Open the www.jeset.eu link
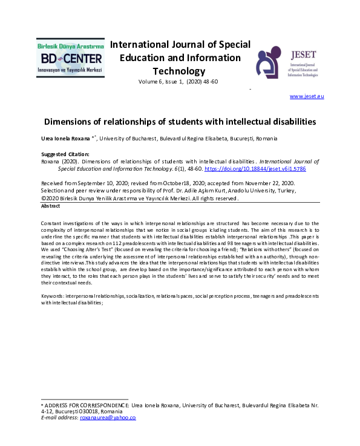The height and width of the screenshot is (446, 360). [307, 96]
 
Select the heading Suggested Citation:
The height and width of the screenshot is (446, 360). [65, 154]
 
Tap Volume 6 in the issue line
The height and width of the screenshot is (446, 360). [151, 81]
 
